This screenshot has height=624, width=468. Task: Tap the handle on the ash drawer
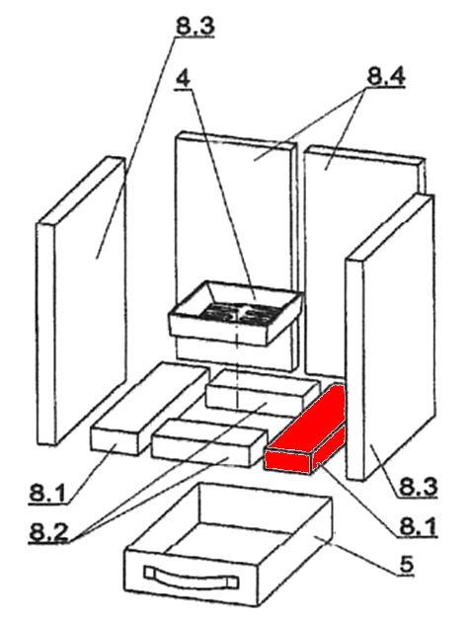pyautogui.click(x=191, y=577)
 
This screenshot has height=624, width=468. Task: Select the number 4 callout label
pyautogui.click(x=183, y=79)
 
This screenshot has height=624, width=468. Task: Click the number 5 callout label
pyautogui.click(x=406, y=563)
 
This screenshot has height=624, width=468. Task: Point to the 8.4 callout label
pyautogui.click(x=386, y=76)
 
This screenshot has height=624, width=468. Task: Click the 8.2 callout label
pyautogui.click(x=48, y=531)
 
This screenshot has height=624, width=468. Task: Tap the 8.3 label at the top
pyautogui.click(x=195, y=27)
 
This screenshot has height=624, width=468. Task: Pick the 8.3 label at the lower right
pyautogui.click(x=418, y=487)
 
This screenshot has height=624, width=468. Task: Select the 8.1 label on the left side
pyautogui.click(x=47, y=493)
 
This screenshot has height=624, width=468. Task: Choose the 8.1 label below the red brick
pyautogui.click(x=418, y=526)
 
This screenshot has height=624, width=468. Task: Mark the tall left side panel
pyautogui.click(x=81, y=301)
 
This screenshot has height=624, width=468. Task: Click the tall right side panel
pyautogui.click(x=391, y=338)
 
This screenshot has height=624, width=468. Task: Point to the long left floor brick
pyautogui.click(x=150, y=409)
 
